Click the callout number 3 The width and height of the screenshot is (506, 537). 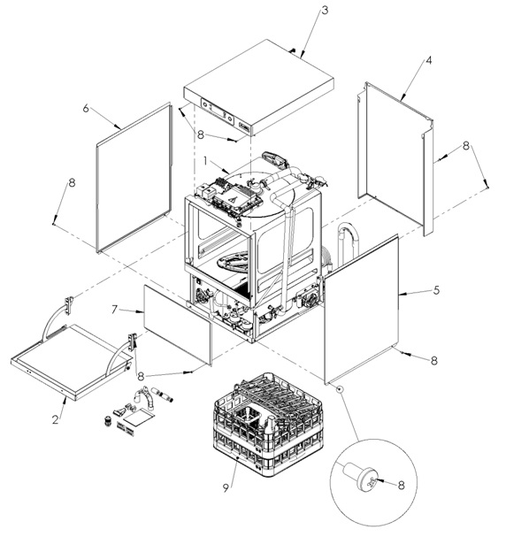pos(325,11)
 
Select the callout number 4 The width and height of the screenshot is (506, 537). pos(429,61)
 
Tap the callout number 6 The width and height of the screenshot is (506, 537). pos(86,109)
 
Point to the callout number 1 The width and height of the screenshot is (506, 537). pos(205,160)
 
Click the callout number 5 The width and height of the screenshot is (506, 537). pos(436,290)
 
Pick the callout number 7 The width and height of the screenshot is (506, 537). pos(115,310)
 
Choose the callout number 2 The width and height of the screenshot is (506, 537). pos(56,419)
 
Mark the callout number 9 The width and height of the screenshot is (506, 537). pos(226,488)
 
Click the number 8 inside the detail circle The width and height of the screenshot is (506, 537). pos(402,485)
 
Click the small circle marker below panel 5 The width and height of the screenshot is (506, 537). pos(340,388)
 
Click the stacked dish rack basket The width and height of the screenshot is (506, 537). pos(268,424)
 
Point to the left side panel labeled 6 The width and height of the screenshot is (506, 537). pos(134,178)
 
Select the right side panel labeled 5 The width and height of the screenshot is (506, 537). pos(361,310)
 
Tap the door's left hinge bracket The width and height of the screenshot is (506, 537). pos(69,304)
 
